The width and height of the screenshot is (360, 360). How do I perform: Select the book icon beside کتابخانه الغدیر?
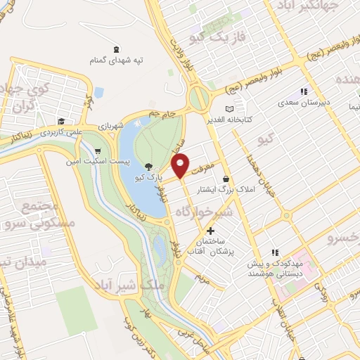coord(228,109)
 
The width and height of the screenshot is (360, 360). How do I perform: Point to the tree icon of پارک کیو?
coord(148,167)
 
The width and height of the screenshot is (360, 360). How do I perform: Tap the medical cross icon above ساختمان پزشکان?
coord(210,231)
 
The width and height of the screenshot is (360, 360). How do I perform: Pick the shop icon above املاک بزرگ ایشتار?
coord(225,179)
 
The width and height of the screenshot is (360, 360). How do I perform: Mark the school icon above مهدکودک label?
coord(275,252)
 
